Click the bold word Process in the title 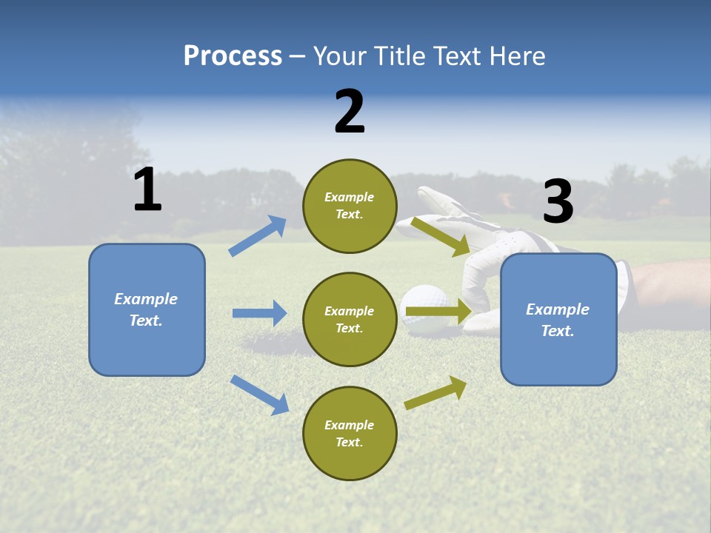233,56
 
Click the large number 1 147,190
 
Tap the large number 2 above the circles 350,112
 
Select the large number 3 558,202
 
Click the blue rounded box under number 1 147,309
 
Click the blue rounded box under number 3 558,319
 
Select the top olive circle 350,206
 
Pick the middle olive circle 350,319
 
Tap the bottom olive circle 350,433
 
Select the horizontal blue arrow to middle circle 259,313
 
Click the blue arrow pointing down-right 259,394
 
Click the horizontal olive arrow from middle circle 438,312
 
